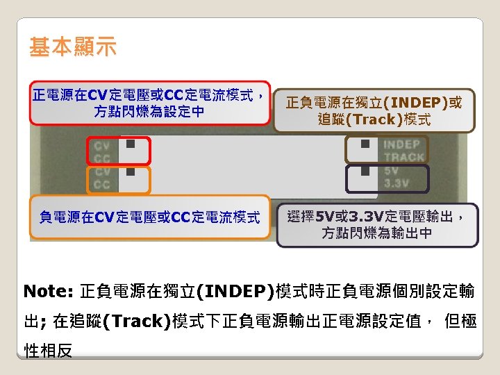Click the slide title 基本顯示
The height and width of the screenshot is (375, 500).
pyautogui.click(x=73, y=47)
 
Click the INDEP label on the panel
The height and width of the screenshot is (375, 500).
pyautogui.click(x=402, y=144)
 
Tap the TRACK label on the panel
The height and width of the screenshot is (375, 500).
pyautogui.click(x=403, y=157)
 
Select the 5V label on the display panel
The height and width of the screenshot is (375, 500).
pyautogui.click(x=392, y=170)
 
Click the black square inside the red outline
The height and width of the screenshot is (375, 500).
pyautogui.click(x=131, y=144)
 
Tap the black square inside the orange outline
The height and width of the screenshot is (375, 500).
pyautogui.click(x=131, y=172)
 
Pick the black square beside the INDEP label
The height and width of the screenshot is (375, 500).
pyautogui.click(x=365, y=144)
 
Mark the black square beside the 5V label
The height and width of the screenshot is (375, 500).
pyautogui.click(x=365, y=171)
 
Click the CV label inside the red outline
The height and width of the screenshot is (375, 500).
pyautogui.click(x=102, y=146)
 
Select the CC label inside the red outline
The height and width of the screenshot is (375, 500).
pyautogui.click(x=102, y=158)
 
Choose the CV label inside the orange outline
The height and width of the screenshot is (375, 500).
pyautogui.click(x=102, y=172)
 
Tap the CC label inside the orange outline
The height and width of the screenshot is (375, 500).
pyautogui.click(x=102, y=184)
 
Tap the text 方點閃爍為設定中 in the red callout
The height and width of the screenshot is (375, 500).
pyautogui.click(x=149, y=111)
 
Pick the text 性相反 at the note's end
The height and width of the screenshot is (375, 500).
pyautogui.click(x=48, y=351)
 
